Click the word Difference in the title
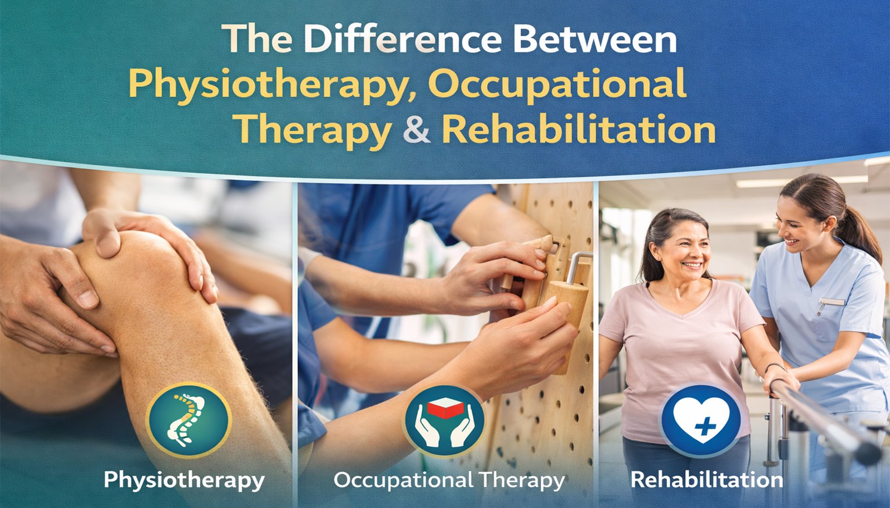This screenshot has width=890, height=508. click(404, 39)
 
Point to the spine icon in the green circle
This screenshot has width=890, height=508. click(186, 419)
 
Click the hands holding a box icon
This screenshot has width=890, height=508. click(446, 421)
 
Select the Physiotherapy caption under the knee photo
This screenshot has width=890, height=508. click(184, 480)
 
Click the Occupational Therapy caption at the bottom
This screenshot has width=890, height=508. click(449, 480)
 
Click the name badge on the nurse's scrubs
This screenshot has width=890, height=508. click(832, 302)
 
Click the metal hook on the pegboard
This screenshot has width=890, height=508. click(576, 266)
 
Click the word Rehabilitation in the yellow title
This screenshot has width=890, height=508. click(578, 129)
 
